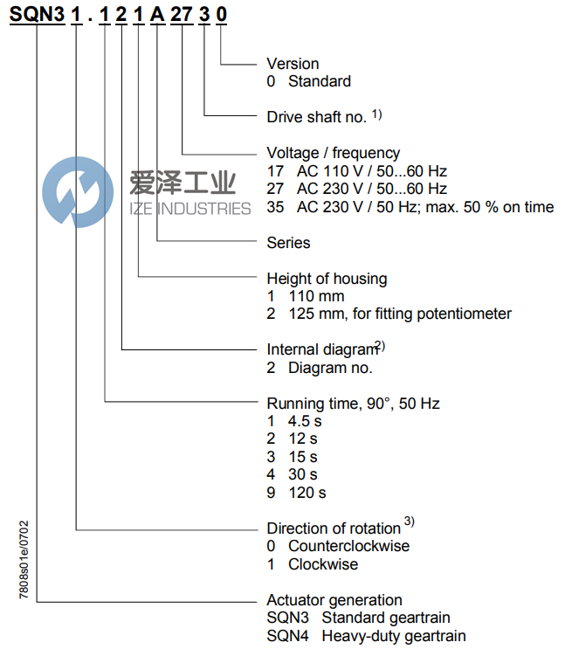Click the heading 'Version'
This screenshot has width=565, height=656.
click(293, 64)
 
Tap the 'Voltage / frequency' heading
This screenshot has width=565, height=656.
click(333, 153)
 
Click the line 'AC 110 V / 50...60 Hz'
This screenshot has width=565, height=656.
click(371, 171)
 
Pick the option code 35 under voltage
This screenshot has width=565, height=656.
click(275, 207)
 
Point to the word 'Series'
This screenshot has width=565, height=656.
click(288, 242)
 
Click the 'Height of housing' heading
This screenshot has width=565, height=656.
click(327, 279)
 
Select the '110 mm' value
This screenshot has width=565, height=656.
click(316, 296)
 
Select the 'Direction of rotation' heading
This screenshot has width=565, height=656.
click(334, 528)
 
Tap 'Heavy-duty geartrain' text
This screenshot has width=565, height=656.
click(393, 636)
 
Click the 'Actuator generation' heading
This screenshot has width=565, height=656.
click(334, 600)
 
